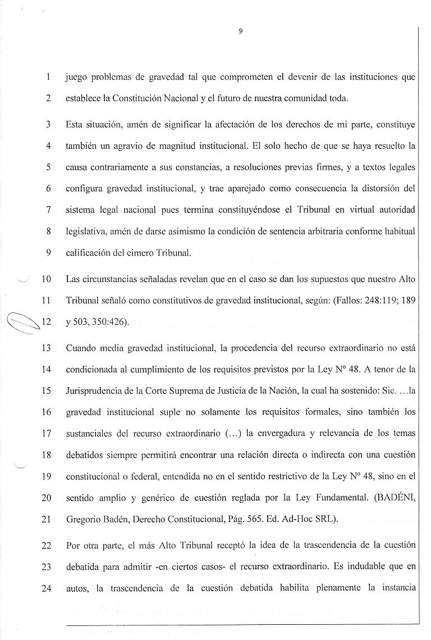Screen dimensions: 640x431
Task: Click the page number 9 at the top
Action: pos(240,31)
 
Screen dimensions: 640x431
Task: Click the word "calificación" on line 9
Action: pos(88,252)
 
